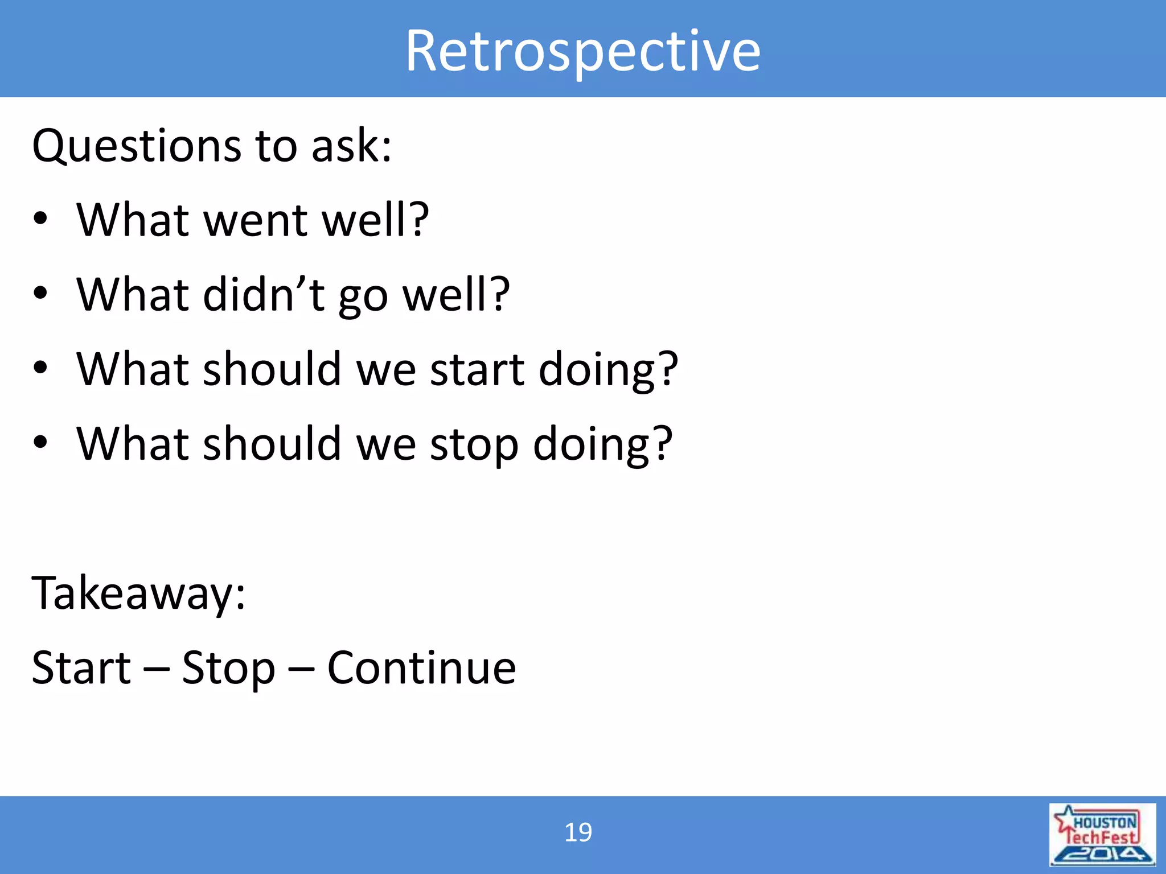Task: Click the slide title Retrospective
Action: click(582, 51)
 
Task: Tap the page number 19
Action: click(578, 832)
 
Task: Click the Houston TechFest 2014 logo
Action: click(1102, 834)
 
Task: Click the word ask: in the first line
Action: click(352, 146)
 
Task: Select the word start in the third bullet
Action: click(477, 370)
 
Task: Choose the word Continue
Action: click(421, 668)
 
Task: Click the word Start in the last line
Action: click(81, 668)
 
